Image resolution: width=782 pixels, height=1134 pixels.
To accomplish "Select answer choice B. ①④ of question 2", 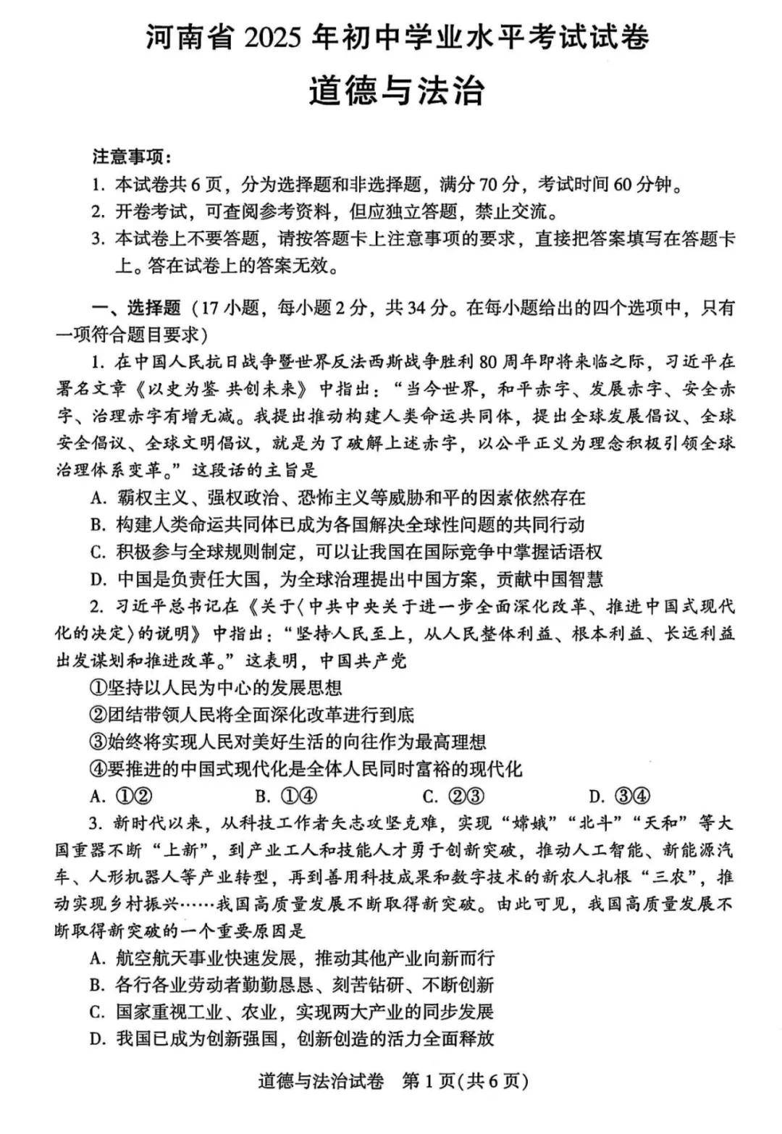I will [x=287, y=797].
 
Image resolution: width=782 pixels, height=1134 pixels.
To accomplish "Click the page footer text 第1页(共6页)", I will [x=465, y=1081].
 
